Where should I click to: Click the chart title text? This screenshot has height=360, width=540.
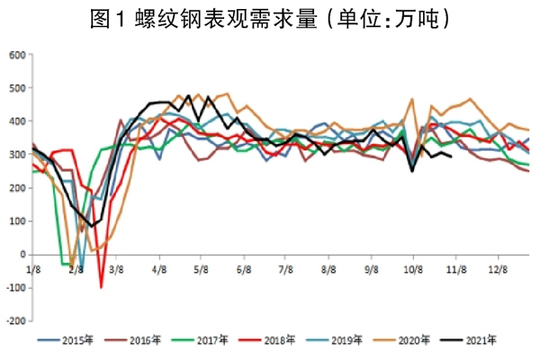tap(270, 18)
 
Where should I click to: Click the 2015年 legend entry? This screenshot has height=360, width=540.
tap(73, 340)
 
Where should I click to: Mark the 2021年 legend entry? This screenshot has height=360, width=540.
tap(465, 340)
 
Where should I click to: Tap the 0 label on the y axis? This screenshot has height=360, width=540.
tap(22, 255)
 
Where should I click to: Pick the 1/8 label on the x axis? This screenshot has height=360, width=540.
tap(33, 267)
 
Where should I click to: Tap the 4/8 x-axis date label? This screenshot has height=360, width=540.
tap(158, 267)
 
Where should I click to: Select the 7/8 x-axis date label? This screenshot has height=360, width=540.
tap(284, 267)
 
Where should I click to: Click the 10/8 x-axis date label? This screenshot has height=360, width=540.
tap(411, 267)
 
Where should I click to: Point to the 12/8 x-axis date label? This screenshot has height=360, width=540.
tap(497, 267)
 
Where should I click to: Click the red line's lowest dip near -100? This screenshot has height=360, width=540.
tap(102, 287)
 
